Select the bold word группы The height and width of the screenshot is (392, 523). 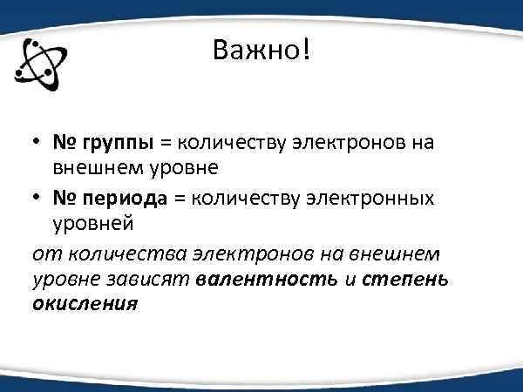point(119,141)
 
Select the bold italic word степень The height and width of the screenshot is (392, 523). point(404,280)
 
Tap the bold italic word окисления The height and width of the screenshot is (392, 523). point(85,305)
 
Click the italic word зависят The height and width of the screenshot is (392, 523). point(158,280)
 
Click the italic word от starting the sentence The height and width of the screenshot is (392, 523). point(44,253)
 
